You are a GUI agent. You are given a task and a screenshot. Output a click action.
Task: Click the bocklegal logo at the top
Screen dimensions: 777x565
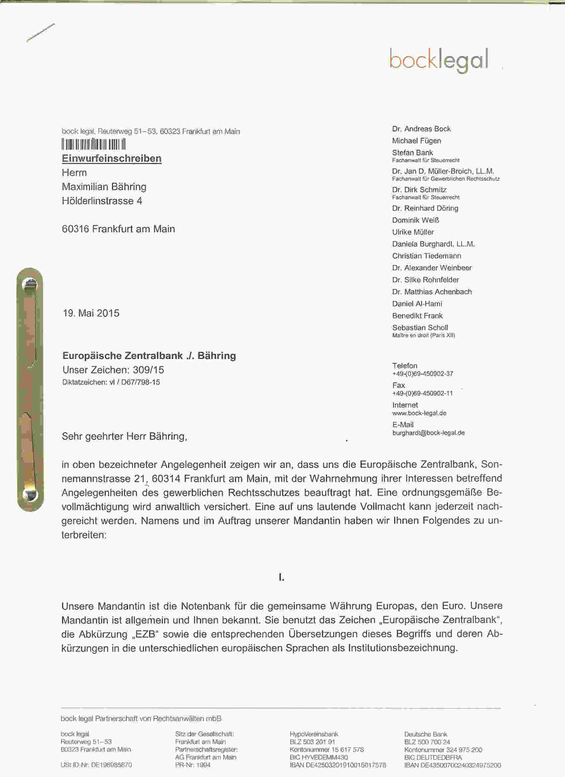(x=439, y=60)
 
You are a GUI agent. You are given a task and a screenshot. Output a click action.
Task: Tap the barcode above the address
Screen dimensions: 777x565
(x=94, y=144)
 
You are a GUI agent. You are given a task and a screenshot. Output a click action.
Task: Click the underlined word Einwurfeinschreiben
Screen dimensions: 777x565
(x=112, y=158)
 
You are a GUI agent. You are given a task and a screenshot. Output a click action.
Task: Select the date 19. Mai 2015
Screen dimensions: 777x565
(x=91, y=313)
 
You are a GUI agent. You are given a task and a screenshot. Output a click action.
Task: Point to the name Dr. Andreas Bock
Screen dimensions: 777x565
(x=421, y=129)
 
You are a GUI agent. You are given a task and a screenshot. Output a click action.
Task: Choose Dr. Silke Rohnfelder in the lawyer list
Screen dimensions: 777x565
(x=426, y=280)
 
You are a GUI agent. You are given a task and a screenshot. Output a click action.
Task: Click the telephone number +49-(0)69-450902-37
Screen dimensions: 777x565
(x=422, y=374)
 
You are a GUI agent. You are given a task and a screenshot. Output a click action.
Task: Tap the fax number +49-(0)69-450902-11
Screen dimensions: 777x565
(x=422, y=393)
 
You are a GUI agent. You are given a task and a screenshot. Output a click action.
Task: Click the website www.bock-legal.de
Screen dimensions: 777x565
(x=419, y=413)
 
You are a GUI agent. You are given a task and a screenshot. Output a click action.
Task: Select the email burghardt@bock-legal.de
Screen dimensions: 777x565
(x=429, y=433)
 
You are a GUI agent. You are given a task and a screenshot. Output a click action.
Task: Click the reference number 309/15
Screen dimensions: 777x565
(x=148, y=370)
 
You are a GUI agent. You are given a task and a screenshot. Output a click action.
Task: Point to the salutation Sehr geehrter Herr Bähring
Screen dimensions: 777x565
(x=124, y=437)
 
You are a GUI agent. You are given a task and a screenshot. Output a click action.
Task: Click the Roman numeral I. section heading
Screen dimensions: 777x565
(x=282, y=577)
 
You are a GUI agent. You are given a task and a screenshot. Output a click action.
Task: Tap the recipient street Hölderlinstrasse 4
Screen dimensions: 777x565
(x=102, y=201)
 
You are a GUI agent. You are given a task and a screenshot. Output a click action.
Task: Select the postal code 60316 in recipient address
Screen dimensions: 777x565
(x=75, y=229)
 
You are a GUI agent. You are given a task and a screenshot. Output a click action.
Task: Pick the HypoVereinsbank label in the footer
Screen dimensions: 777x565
(x=314, y=734)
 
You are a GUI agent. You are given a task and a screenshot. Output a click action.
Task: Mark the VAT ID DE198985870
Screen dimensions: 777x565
(x=111, y=765)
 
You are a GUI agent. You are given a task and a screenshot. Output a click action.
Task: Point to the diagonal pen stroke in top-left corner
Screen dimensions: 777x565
(x=41, y=33)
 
